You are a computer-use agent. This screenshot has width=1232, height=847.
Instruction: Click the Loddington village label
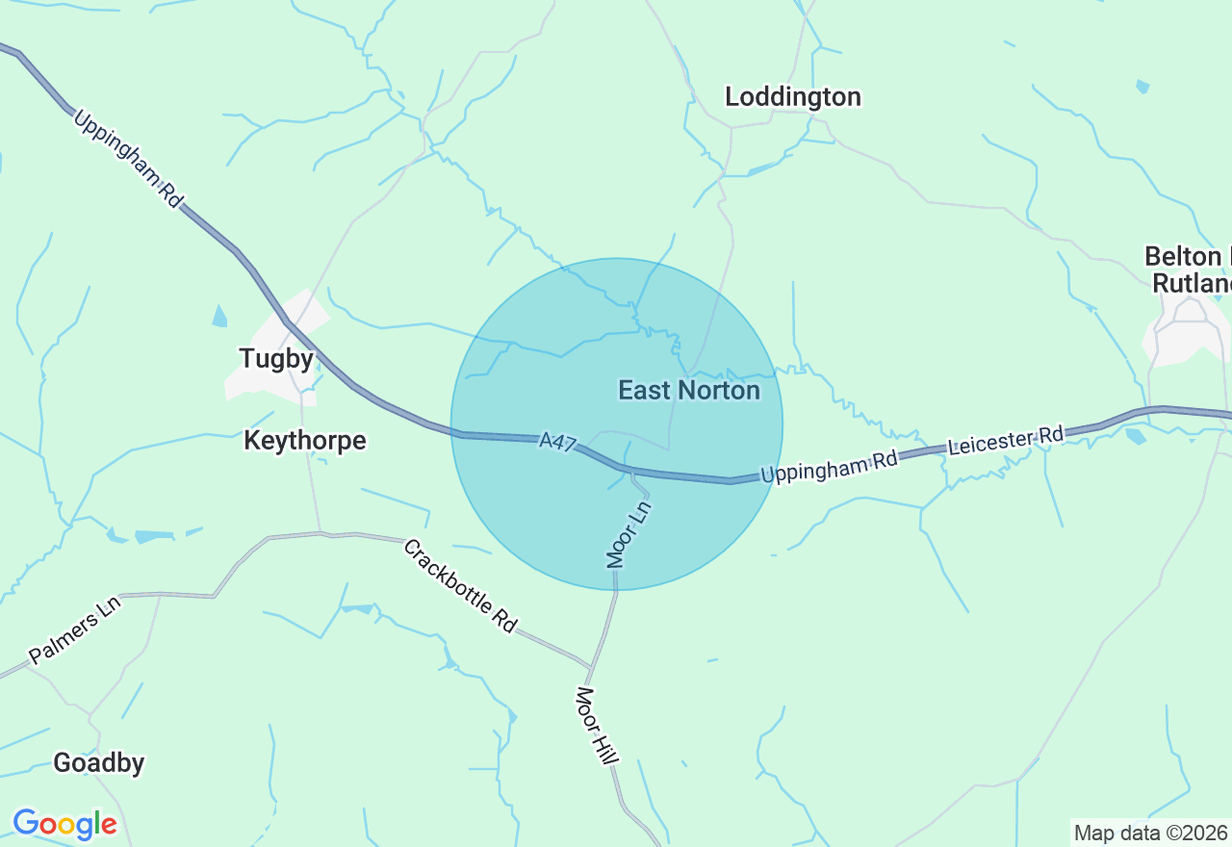coord(793,97)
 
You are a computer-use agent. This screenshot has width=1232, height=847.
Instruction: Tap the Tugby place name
coord(276,359)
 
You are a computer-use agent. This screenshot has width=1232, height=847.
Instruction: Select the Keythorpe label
coord(305,441)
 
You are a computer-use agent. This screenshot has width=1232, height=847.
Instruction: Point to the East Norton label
coord(689,390)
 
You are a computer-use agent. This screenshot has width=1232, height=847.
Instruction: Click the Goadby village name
coord(99,763)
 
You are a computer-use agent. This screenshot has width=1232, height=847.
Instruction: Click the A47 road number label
coord(557,443)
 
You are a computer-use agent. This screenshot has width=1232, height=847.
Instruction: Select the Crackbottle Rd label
coord(459,585)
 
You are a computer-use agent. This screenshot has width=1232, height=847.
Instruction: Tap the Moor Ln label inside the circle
coord(629,533)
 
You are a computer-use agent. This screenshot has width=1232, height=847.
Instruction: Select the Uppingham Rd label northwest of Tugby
coord(127,160)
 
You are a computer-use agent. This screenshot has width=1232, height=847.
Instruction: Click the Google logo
coord(64,824)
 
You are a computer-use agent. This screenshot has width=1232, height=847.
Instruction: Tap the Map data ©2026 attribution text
coord(1150,833)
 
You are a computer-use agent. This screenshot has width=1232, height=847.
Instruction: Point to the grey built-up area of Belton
coord(1179,337)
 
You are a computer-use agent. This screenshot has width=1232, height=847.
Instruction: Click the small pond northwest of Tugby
coord(220,316)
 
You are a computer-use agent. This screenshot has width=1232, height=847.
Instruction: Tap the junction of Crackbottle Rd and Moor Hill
coord(589,664)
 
